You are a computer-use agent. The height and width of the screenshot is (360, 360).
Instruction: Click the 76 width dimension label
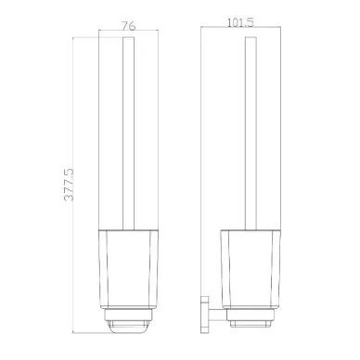[129, 26]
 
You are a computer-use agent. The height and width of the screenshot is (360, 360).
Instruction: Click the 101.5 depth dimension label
[240, 22]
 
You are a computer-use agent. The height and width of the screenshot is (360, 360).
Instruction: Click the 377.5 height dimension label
[69, 185]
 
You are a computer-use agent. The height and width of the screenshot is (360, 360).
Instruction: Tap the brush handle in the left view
[129, 134]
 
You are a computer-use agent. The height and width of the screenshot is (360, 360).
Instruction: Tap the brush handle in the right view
[251, 134]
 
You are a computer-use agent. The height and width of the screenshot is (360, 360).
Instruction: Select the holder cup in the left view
[129, 269]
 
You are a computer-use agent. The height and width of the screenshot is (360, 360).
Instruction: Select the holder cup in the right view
[251, 269]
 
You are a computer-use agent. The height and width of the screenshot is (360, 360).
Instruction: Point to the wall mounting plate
[204, 315]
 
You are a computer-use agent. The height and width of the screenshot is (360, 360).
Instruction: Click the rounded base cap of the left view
[129, 327]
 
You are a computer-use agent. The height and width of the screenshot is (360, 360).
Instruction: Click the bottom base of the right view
[251, 324]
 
